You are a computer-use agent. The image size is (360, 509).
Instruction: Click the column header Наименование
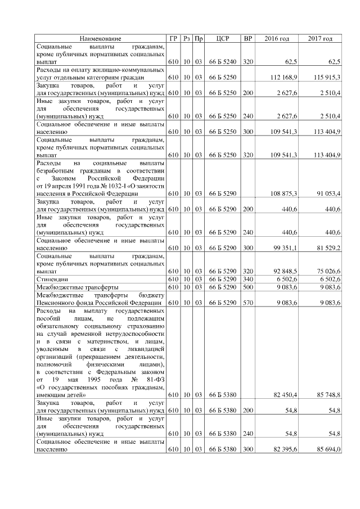tap(100, 38)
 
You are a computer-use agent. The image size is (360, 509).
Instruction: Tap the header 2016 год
tap(277, 38)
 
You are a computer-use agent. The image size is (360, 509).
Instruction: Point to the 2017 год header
tap(320, 38)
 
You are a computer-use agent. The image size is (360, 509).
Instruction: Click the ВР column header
tap(247, 38)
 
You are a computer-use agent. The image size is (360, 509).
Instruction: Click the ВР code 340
tap(247, 279)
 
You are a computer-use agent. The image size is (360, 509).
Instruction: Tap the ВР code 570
tap(247, 303)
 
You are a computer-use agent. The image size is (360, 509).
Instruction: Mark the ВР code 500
tap(247, 287)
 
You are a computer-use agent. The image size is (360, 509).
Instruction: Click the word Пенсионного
tap(56, 303)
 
